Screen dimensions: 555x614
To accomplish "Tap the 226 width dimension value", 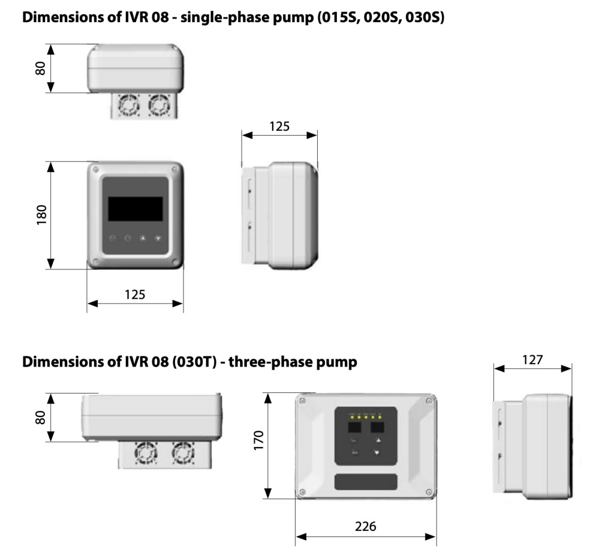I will click(x=365, y=526).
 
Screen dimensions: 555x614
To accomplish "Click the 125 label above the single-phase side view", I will click(x=279, y=126).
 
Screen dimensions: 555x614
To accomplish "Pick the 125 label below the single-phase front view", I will click(x=135, y=294).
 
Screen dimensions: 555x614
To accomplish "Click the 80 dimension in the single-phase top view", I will click(x=41, y=68).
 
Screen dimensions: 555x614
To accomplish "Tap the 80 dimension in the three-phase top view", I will click(x=41, y=418).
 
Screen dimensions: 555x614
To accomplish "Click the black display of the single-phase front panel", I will click(x=135, y=209).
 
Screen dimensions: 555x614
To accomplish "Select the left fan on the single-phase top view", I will click(x=128, y=106).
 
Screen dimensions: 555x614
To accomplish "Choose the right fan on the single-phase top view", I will click(x=159, y=106).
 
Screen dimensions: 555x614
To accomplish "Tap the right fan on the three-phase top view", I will click(x=183, y=454).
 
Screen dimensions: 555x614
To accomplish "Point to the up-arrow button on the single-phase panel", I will click(x=143, y=238).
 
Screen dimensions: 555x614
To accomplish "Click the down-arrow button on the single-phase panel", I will click(x=158, y=238).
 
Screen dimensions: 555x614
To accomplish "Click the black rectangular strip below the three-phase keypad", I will click(x=366, y=481).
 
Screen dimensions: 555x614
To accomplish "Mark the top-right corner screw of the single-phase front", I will click(x=174, y=169).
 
